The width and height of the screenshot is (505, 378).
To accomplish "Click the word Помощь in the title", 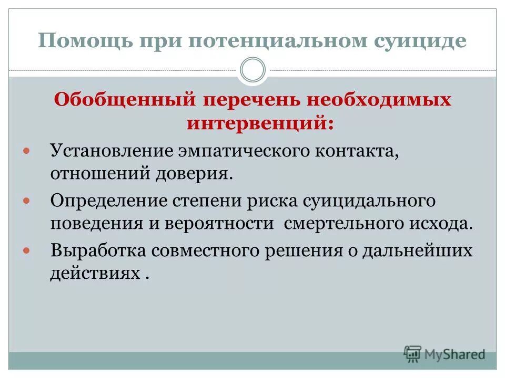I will (x=86, y=41).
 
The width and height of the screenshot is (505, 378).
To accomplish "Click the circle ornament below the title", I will (x=252, y=70).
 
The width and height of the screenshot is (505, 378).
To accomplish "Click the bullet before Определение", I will (x=28, y=201).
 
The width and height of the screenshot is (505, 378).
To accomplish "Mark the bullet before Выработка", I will (x=28, y=251).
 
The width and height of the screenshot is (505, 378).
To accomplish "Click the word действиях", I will (x=95, y=274).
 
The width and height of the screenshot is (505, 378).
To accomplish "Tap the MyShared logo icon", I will (x=413, y=354).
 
